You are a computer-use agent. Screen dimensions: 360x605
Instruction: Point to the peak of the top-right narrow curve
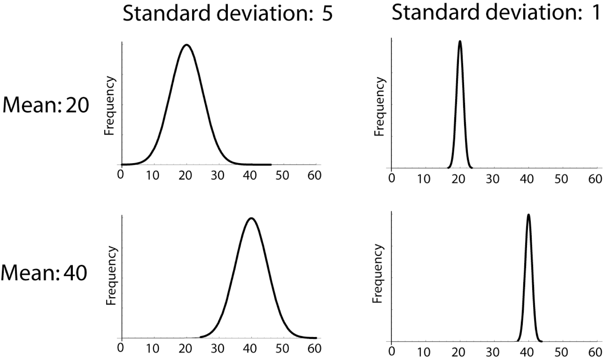click(x=460, y=42)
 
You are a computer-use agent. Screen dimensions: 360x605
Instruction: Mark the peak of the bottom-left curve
click(x=251, y=218)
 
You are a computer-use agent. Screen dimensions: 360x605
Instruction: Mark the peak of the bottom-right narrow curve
click(x=528, y=215)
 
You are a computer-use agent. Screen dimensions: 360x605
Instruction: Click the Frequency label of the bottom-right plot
click(x=378, y=274)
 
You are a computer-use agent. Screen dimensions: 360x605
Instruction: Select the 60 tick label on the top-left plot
click(x=314, y=176)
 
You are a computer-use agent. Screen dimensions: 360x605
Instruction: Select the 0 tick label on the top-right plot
click(x=392, y=179)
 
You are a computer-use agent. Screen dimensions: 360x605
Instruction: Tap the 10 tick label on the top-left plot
click(x=153, y=176)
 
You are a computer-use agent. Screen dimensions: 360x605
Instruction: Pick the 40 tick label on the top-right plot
click(x=527, y=179)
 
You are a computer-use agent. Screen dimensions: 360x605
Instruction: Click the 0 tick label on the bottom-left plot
click(x=120, y=348)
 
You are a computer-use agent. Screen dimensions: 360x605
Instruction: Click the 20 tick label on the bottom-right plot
click(x=459, y=352)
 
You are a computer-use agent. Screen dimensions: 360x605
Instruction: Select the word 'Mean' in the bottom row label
click(x=27, y=273)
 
